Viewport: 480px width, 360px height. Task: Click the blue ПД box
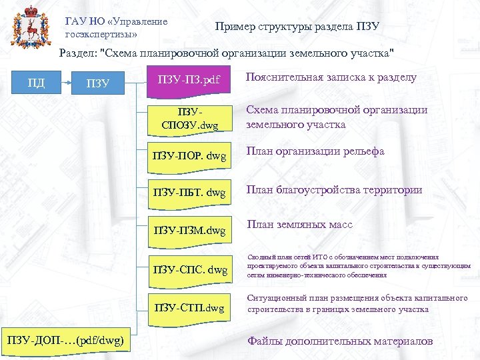click(x=37, y=83)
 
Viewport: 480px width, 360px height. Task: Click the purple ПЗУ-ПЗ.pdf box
click(x=187, y=81)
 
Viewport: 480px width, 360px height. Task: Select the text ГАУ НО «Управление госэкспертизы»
click(x=116, y=27)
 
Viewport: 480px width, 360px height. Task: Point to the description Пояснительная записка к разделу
click(x=331, y=77)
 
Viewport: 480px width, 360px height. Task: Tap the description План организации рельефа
click(x=315, y=151)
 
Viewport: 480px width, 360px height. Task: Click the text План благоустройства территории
click(x=334, y=190)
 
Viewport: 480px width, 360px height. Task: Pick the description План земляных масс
click(x=300, y=225)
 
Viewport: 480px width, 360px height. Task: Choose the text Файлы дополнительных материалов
click(x=340, y=341)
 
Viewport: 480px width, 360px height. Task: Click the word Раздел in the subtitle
click(x=77, y=53)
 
